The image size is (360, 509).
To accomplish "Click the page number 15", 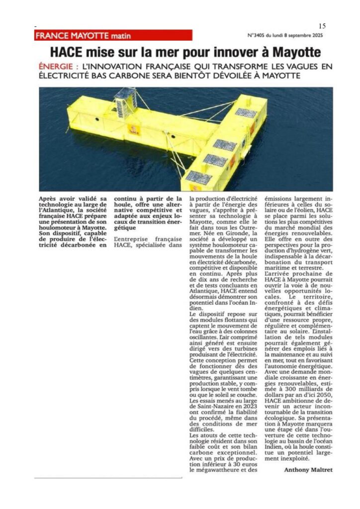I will click(322, 26).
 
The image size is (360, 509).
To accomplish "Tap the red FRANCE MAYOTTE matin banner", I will click(113, 35).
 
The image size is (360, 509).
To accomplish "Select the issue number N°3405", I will click(258, 36).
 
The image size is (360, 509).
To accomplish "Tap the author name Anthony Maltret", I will click(308, 469).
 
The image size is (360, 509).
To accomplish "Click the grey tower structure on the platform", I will click(124, 101).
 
